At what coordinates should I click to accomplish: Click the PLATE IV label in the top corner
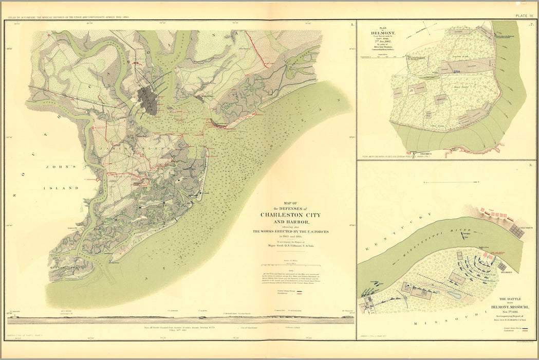pyautogui.click(x=525, y=16)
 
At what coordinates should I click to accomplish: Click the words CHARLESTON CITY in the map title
pyautogui.click(x=291, y=215)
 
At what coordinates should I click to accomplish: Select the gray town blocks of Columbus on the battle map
pyautogui.click(x=516, y=232)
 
